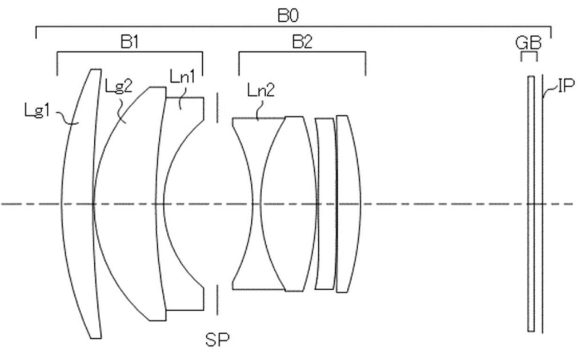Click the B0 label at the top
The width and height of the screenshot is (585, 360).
288,15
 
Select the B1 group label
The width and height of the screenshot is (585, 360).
130,42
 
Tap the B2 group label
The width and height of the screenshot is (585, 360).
302,42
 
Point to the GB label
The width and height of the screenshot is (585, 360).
528,43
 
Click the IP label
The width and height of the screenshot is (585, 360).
566,86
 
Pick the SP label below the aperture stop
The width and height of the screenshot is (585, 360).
218,339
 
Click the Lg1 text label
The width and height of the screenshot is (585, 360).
37,111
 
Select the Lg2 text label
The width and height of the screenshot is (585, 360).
119,86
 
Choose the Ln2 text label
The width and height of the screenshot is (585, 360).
261,90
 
